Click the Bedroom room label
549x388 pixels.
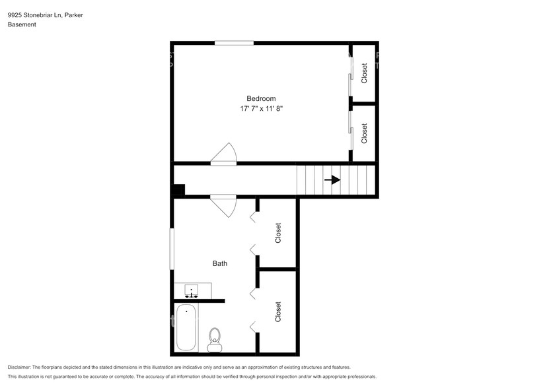(x=260, y=98)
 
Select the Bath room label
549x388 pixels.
(x=219, y=263)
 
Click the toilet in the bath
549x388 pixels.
(x=215, y=339)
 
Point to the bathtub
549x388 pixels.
(x=186, y=327)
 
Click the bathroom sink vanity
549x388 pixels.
(x=193, y=290)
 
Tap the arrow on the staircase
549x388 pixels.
(x=332, y=179)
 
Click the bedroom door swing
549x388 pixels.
(x=224, y=154)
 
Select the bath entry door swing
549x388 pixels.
(x=224, y=205)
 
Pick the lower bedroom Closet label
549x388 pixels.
(x=364, y=133)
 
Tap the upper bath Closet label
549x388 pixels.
(x=278, y=232)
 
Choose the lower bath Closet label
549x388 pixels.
(x=278, y=311)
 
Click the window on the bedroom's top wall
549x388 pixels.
(x=234, y=44)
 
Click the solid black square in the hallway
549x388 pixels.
(x=178, y=190)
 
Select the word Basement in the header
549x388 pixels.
(x=22, y=24)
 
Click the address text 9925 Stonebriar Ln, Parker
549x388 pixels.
(x=45, y=15)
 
